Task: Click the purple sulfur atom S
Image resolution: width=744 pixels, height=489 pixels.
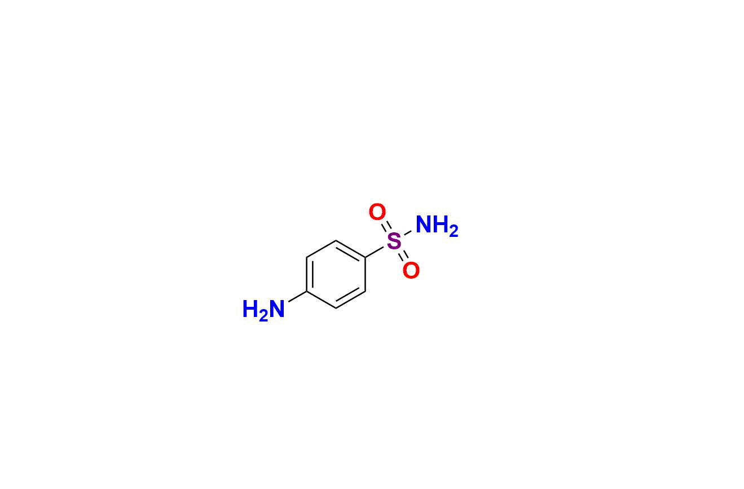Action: tap(394, 241)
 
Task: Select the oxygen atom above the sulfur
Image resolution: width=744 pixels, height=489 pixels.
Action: tap(377, 212)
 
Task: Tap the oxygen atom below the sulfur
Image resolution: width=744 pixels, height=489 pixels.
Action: tap(411, 270)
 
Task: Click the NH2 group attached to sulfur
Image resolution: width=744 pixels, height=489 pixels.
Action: tap(437, 226)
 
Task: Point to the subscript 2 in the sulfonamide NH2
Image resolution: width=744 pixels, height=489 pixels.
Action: tap(454, 232)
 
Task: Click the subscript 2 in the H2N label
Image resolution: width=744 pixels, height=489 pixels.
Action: tap(263, 316)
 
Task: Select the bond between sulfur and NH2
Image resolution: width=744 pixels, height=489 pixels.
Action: tap(408, 234)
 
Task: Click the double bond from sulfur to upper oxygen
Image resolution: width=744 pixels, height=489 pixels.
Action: tap(386, 227)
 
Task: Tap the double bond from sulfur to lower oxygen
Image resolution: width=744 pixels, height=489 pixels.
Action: tap(403, 256)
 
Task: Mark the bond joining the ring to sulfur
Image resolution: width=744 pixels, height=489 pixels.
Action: tap(375, 252)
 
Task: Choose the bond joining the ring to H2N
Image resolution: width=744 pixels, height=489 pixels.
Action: tap(297, 297)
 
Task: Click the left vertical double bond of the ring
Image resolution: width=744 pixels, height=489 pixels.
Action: tap(310, 275)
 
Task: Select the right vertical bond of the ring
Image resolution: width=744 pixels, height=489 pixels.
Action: tap(366, 275)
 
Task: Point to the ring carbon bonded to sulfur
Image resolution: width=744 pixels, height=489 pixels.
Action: tap(366, 257)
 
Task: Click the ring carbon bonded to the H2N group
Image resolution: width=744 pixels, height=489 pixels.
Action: tap(306, 292)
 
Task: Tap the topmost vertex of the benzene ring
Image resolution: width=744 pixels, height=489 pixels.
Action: tap(336, 240)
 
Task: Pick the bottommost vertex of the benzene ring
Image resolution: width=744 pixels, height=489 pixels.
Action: tap(336, 309)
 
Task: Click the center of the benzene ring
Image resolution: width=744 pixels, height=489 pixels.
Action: tap(336, 275)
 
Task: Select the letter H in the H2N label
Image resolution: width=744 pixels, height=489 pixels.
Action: tap(251, 309)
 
